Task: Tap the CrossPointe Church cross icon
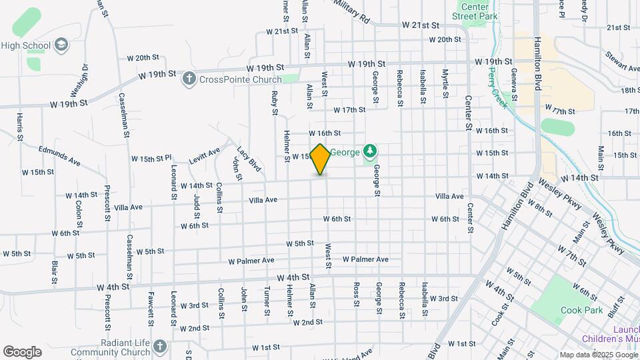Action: pos(189,79)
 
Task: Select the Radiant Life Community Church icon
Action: pos(159,346)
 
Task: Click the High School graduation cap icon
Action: pos(61,45)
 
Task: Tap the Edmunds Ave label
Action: pos(59,155)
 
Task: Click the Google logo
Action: pos(22,352)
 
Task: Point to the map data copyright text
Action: pos(597,355)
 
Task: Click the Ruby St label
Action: pos(274,103)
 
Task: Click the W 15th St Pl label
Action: pos(151,159)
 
